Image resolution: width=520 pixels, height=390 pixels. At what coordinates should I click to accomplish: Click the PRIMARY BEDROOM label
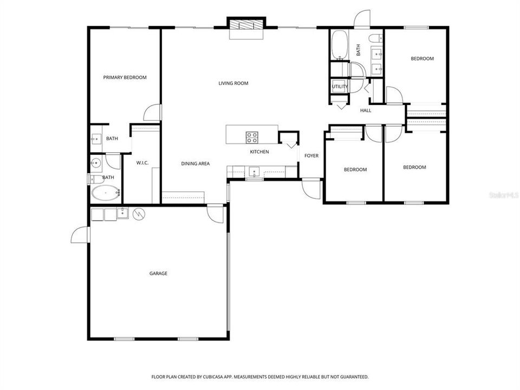click(125, 77)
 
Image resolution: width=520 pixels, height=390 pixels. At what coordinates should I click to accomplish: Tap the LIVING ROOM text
click(233, 83)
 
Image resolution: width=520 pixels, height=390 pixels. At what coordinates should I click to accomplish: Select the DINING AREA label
click(195, 164)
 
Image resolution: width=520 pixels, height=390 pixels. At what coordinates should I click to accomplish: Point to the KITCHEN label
click(259, 152)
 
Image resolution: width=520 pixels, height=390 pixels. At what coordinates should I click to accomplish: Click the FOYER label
click(311, 156)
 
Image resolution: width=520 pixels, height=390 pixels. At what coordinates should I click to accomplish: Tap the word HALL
click(366, 110)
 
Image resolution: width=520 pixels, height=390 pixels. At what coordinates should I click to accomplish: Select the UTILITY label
click(340, 87)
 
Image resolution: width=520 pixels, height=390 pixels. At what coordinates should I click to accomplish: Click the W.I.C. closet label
click(142, 163)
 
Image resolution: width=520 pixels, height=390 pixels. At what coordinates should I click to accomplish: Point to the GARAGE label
click(158, 274)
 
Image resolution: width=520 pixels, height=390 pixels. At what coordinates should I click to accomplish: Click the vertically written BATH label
click(358, 50)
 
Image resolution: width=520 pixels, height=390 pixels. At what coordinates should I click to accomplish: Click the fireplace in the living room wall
click(246, 25)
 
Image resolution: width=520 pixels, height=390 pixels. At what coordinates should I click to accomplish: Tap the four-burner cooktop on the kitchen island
click(252, 137)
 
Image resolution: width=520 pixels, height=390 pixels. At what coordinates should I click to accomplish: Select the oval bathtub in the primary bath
click(105, 192)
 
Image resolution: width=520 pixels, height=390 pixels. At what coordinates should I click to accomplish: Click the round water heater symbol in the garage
click(139, 214)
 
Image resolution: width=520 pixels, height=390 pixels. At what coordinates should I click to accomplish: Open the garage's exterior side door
click(80, 235)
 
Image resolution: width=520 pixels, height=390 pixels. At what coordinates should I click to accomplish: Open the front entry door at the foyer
click(311, 188)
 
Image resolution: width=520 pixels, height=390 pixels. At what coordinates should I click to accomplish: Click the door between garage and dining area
click(215, 213)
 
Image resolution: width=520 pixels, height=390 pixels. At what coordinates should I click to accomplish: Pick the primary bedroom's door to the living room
click(153, 113)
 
